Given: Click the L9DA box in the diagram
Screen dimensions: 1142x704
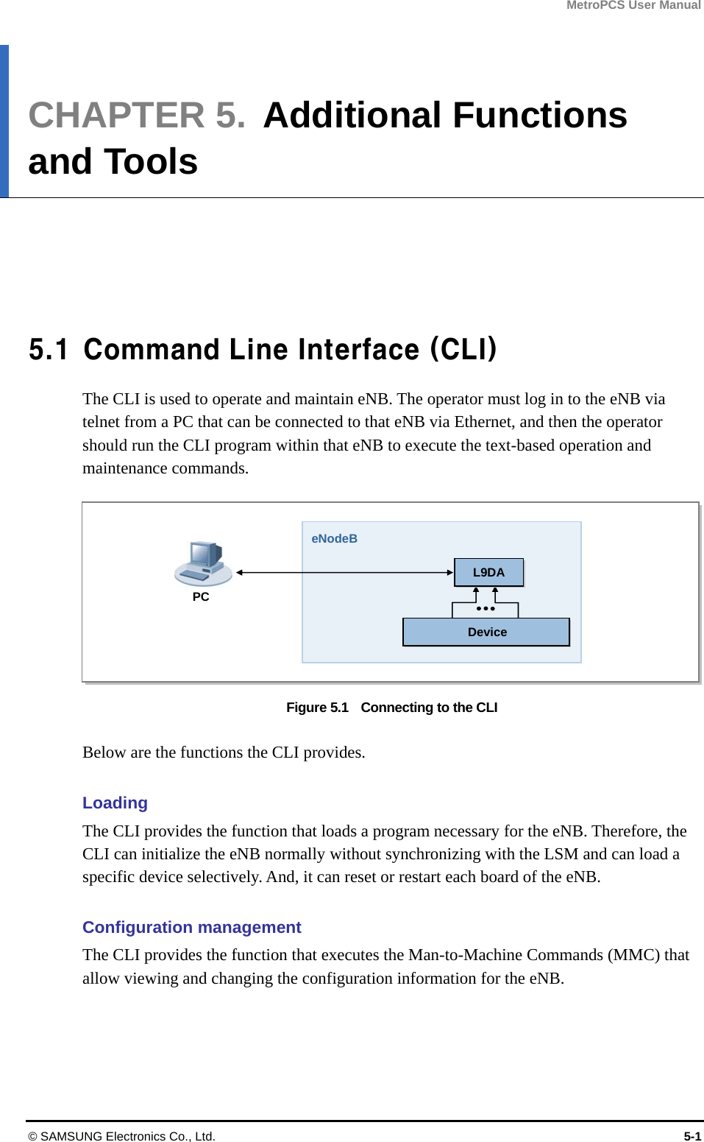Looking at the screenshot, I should click(488, 572).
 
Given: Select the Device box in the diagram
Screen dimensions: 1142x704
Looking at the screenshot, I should click(486, 632).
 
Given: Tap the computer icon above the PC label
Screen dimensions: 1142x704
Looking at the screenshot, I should click(203, 563).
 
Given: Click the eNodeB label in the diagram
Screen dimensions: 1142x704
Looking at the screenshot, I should click(334, 538).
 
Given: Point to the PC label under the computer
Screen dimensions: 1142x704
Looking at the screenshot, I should click(201, 596).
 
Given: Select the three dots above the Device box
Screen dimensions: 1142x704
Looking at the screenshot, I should click(486, 609).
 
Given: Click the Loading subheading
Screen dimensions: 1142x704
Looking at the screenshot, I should click(115, 803).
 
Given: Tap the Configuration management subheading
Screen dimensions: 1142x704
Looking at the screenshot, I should click(191, 927).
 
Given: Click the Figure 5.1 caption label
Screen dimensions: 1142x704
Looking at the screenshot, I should click(317, 707).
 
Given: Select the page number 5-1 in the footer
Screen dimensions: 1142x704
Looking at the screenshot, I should click(692, 1136).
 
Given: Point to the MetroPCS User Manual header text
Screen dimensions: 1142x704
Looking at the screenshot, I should click(633, 5).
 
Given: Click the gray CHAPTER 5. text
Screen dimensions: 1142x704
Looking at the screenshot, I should click(137, 115).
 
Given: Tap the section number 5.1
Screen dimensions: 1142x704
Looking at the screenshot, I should click(49, 349).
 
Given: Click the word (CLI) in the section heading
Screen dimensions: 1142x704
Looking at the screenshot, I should click(463, 349).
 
